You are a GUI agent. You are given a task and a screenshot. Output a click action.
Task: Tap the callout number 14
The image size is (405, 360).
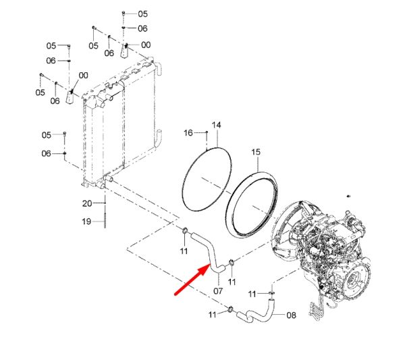pos(217,125)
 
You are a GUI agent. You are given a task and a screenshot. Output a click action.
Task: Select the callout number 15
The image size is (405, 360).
pos(256,152)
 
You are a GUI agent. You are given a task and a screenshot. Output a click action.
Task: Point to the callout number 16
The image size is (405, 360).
pos(188,133)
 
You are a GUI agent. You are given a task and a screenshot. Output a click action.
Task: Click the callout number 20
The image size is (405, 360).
pos(87,203)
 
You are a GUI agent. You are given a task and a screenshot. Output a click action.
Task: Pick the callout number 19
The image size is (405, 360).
pos(86,222)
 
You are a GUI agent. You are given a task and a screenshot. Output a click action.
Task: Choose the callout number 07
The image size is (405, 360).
pos(218,291)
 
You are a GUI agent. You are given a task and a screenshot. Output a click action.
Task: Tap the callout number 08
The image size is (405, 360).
pos(292,315)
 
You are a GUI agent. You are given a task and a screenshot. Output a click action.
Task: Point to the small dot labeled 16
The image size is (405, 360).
pos(207,132)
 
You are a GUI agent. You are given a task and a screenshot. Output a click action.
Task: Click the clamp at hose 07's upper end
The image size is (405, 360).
pos(185,230)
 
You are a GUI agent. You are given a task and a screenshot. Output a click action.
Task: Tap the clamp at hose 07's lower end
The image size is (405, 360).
pos(231,263)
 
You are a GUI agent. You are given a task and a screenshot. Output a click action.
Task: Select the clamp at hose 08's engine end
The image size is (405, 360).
pos(272,293)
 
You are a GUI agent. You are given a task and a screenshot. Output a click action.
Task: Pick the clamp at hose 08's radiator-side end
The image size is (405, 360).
pos(230,309)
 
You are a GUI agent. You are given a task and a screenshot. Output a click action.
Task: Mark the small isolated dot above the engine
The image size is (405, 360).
pos(348,196)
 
